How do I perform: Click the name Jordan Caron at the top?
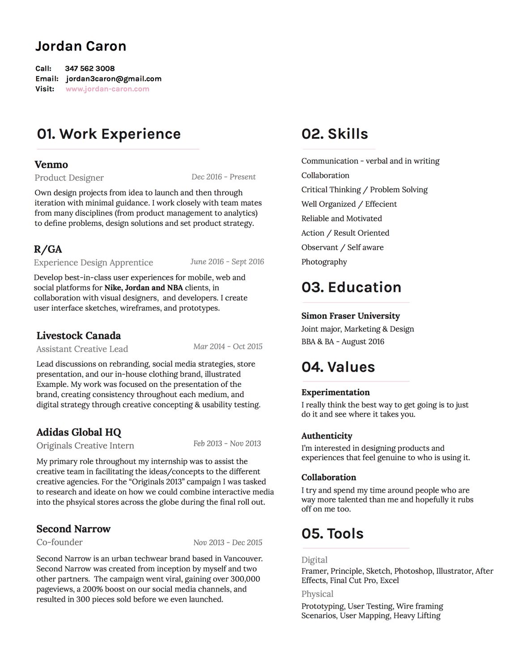point(81,46)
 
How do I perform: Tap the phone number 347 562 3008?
point(89,68)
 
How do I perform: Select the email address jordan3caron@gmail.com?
point(114,79)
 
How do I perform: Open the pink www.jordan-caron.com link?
point(107,89)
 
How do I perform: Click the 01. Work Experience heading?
point(109,134)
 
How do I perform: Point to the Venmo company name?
point(51,165)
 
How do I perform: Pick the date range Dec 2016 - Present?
point(223,177)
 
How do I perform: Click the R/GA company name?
point(48,249)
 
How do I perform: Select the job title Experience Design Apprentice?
point(94,263)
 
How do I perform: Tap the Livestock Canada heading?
point(78,335)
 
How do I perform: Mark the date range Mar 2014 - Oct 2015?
point(228,347)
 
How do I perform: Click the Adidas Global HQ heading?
point(79,432)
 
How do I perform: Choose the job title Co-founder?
point(60,542)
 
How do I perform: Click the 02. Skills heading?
point(335,134)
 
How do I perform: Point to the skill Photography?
point(324,262)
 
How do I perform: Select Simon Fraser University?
point(350,316)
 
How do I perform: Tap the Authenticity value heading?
point(327,436)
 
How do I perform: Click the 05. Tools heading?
point(332,534)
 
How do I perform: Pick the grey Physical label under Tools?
point(317,594)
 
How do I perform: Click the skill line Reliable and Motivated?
point(341,218)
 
